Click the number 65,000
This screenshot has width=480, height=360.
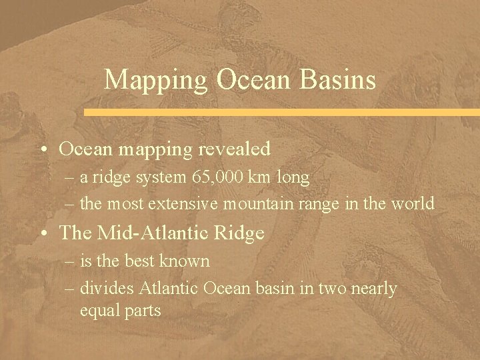click(x=218, y=178)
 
